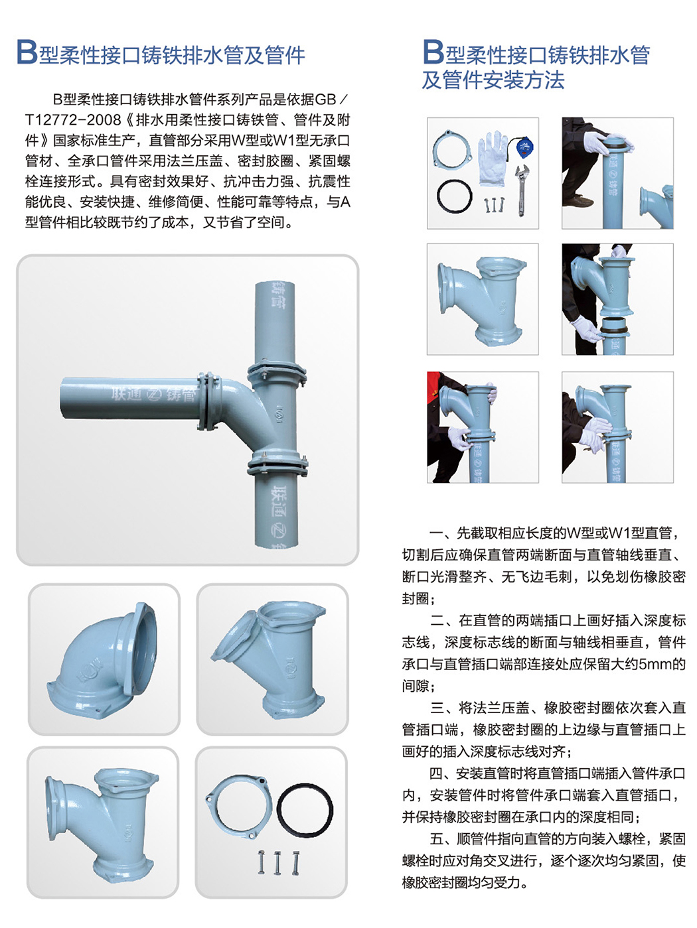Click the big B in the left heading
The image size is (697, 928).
click(x=27, y=53)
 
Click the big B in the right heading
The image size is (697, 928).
click(x=433, y=53)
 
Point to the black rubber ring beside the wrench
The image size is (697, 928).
click(x=454, y=196)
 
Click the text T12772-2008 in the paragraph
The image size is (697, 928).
click(x=73, y=120)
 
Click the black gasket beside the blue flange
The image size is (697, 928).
click(x=305, y=811)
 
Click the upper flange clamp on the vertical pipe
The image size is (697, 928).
click(x=276, y=372)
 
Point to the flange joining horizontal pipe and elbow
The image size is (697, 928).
click(x=207, y=400)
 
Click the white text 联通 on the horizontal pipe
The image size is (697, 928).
click(x=126, y=395)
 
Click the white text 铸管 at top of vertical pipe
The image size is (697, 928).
click(x=279, y=294)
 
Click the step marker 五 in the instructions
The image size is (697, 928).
click(x=436, y=839)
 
